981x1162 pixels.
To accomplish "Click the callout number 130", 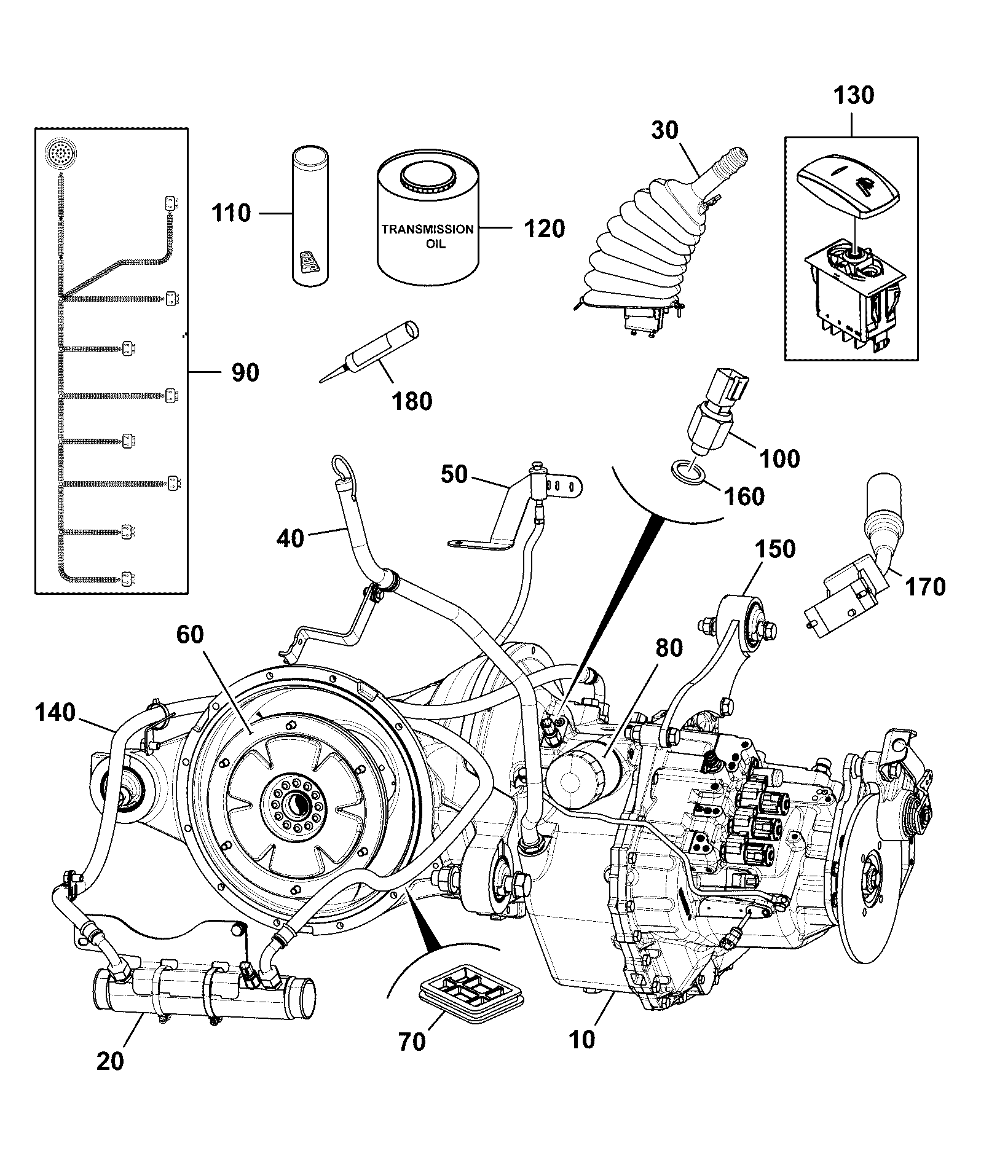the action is tap(853, 95).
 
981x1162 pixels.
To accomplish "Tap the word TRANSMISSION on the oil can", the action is tap(428, 229).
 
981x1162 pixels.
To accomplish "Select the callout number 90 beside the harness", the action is tap(245, 372).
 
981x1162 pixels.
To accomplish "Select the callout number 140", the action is tap(55, 713).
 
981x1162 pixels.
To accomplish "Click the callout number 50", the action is tap(454, 474).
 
